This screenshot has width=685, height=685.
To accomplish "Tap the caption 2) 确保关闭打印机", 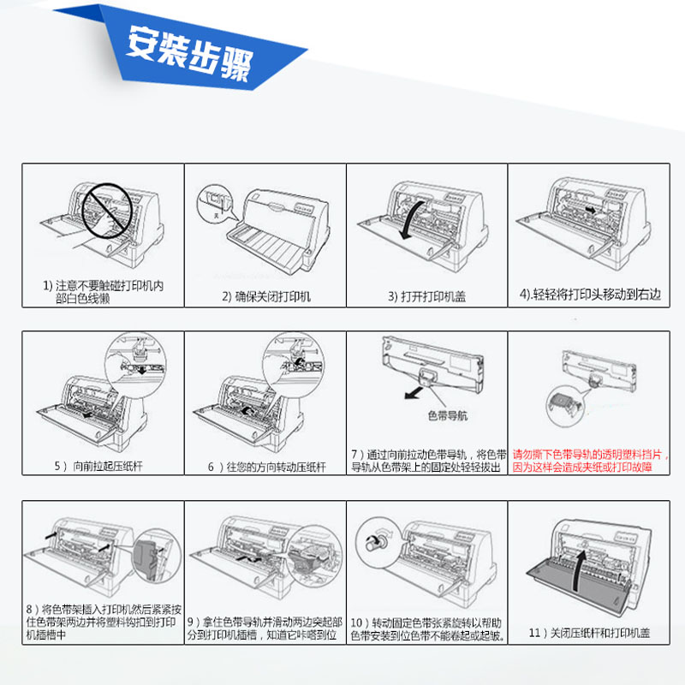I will pos(266,296).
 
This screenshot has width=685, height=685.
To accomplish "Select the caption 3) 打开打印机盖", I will pos(427,296).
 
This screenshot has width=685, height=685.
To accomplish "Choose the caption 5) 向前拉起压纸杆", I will pos(103,467).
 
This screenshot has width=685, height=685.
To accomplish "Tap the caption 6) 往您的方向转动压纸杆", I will pos(266,467).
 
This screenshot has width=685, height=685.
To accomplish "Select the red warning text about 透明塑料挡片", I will pos(590,462).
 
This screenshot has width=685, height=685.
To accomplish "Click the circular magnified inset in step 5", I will pos(138,360).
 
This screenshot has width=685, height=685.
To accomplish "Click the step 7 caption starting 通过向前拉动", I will pos(427,460).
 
